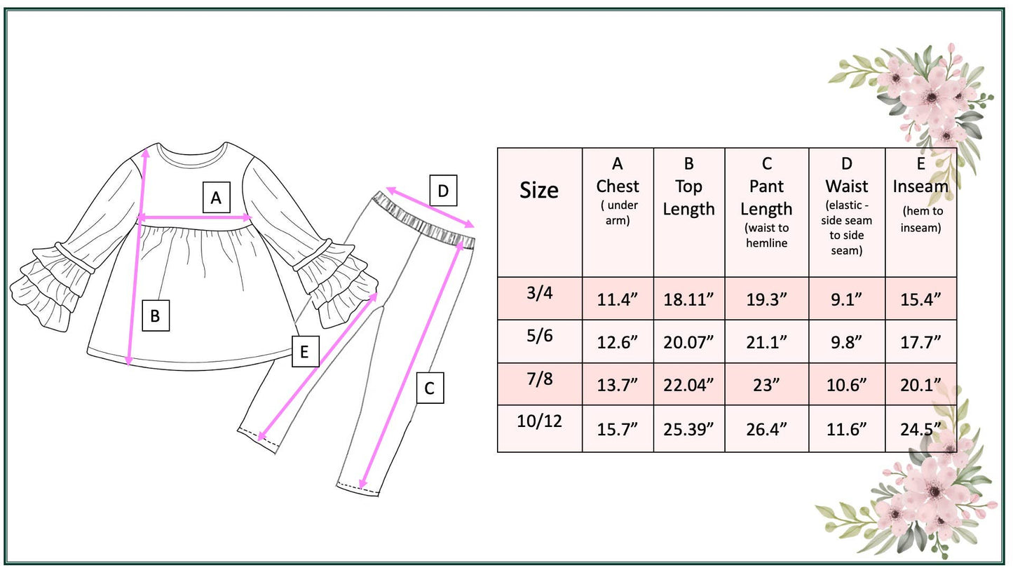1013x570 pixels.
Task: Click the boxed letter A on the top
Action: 216,198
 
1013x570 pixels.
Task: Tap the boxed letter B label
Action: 155,315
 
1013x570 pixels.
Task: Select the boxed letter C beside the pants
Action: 430,388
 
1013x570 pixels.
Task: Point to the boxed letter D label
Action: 442,191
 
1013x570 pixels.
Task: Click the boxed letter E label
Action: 304,351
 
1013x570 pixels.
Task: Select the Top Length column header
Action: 688,186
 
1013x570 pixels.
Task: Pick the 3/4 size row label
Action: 539,293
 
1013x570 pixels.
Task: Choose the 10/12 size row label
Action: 539,422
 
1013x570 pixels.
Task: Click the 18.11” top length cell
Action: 688,299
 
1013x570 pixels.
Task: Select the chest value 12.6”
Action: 617,342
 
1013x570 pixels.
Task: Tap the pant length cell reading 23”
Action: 766,385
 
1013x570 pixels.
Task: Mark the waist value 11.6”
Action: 846,429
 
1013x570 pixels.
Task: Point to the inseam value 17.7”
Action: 920,342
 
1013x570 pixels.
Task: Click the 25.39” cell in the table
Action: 688,429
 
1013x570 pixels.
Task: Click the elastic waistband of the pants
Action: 424,221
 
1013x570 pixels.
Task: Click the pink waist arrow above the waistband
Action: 430,207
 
